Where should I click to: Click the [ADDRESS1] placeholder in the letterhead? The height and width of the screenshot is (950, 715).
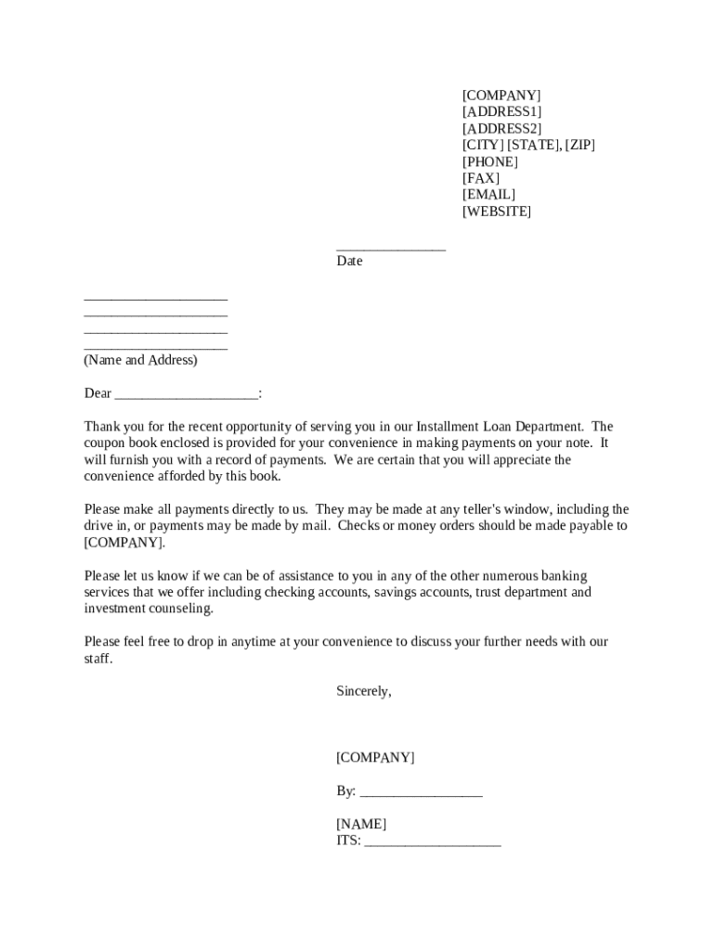coord(501,112)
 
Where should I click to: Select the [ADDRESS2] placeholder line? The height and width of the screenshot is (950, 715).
coord(501,129)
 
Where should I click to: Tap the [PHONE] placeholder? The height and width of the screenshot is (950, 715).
coord(490,162)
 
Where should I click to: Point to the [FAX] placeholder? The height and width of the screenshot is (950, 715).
coord(481,178)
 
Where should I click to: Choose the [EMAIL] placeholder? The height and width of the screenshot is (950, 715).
coord(488,195)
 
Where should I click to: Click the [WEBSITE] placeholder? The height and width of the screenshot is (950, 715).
coord(497,212)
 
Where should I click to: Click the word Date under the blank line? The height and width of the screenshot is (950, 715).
coord(349,262)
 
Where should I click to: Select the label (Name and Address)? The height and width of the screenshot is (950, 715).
coord(140,360)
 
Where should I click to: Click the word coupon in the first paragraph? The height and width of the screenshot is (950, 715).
coord(105,443)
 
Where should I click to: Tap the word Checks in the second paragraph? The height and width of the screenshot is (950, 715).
coord(358,526)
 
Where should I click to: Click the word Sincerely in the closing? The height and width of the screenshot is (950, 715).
coord(363,692)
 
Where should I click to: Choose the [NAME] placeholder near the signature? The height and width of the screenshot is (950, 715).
coord(361,825)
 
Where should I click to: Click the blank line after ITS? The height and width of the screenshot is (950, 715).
coord(433,843)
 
